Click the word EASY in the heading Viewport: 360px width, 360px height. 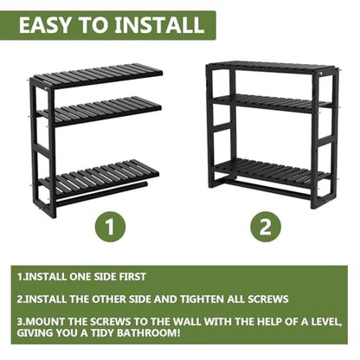tap(44, 25)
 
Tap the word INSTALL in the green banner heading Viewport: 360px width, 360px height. tap(159, 25)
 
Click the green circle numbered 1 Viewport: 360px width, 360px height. tap(111, 227)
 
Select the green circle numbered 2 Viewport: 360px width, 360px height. tap(265, 227)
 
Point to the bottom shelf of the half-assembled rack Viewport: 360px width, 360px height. tap(100, 176)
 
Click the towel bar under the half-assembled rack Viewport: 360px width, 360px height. tap(101, 194)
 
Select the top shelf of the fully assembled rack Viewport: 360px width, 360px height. tap(271, 67)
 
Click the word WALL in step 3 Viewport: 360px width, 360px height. tap(188, 321)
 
